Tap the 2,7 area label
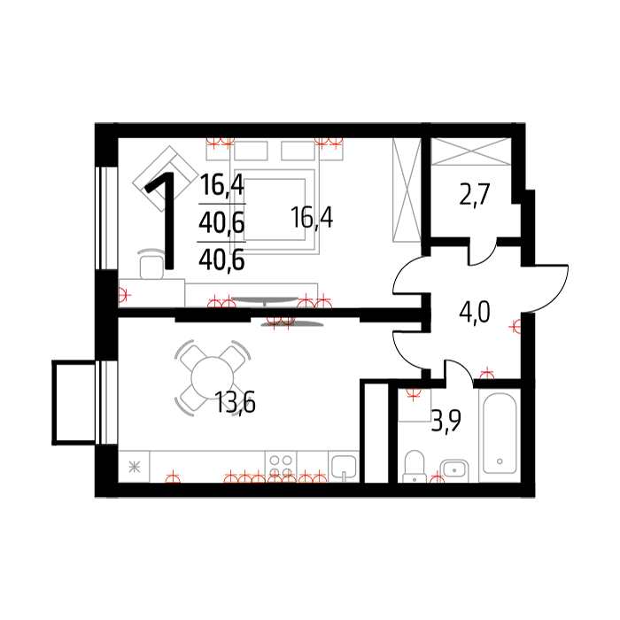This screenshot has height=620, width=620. click(x=475, y=194)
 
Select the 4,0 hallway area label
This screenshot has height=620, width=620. click(x=475, y=312)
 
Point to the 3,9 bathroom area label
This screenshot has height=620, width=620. click(x=446, y=422)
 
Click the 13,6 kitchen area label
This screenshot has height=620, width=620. click(x=235, y=402)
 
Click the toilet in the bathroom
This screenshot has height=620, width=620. click(x=415, y=467)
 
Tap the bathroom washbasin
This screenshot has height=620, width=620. click(x=454, y=470)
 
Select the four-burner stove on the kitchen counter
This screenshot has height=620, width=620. click(x=281, y=467)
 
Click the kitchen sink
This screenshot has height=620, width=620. click(x=344, y=467)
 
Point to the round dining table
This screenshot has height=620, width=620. click(x=213, y=377)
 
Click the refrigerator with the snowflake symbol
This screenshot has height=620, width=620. click(x=134, y=467)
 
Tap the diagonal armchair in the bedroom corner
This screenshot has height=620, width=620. click(x=166, y=178)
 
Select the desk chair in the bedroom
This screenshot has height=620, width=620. click(x=151, y=264)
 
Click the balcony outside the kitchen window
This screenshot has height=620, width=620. click(x=74, y=402)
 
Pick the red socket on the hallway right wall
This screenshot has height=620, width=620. click(x=515, y=327)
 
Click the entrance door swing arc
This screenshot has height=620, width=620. click(x=547, y=288)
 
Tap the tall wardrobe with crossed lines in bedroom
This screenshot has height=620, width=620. click(x=407, y=190)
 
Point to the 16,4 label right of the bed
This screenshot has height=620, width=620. click(x=312, y=217)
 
